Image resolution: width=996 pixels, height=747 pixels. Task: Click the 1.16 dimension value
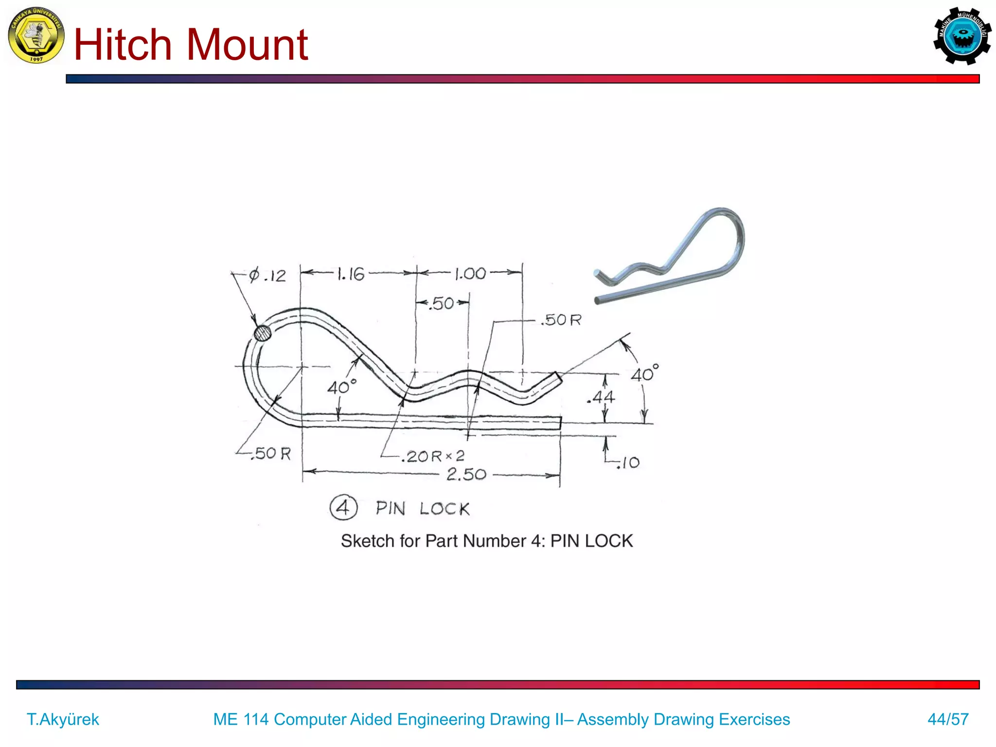[351, 274]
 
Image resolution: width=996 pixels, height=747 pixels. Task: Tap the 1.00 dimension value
[470, 274]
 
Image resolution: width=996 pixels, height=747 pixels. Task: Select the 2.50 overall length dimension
[466, 474]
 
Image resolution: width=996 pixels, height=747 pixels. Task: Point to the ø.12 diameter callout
[267, 276]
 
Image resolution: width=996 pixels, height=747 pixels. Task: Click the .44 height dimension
[602, 397]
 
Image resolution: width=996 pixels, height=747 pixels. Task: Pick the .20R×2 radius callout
[433, 456]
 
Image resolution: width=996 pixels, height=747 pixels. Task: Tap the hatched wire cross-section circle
[263, 333]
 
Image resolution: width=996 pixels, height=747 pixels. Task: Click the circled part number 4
[343, 508]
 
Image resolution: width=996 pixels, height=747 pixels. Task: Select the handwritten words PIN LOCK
[422, 509]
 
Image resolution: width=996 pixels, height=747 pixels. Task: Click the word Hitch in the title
[123, 45]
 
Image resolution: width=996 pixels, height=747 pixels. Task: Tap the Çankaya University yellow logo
[36, 36]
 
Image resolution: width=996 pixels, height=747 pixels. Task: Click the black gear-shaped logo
[962, 36]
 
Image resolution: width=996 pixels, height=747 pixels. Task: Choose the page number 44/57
[948, 719]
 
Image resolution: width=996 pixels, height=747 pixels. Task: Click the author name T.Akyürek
[63, 719]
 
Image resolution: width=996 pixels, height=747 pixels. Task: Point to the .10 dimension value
[628, 462]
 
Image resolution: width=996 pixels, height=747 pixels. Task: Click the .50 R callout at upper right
[562, 320]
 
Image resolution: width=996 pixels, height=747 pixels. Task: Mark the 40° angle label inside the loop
[341, 387]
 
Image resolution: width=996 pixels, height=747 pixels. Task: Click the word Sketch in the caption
[367, 541]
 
